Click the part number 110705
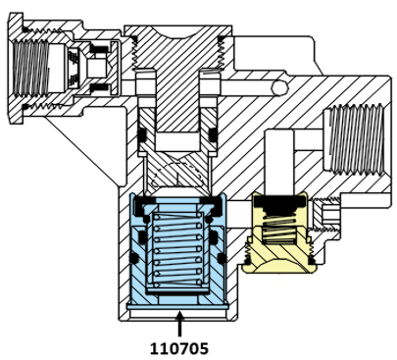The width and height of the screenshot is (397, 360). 179,349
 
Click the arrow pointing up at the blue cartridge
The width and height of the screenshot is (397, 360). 179,325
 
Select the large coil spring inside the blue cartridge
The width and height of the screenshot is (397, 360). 176,249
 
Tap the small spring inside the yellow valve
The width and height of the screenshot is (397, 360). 279,228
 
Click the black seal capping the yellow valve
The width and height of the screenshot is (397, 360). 279,202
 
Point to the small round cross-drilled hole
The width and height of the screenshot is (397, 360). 280,87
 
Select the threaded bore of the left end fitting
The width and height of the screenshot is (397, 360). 30,70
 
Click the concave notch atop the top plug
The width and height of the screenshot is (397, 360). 178,31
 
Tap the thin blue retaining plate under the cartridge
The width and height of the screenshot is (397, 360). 176,307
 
